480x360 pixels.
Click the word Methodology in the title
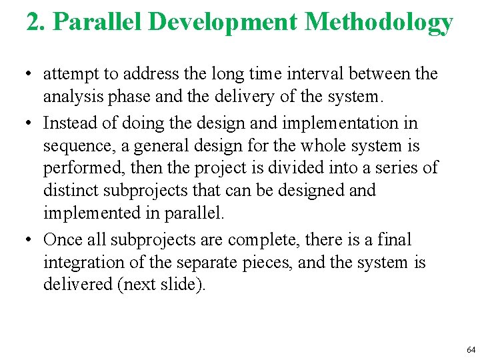(x=379, y=22)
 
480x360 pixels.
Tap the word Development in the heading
(x=222, y=22)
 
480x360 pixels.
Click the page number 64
(x=471, y=350)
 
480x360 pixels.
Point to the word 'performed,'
(x=79, y=167)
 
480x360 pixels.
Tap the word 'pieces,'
(x=265, y=263)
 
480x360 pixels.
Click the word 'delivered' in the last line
(x=75, y=285)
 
